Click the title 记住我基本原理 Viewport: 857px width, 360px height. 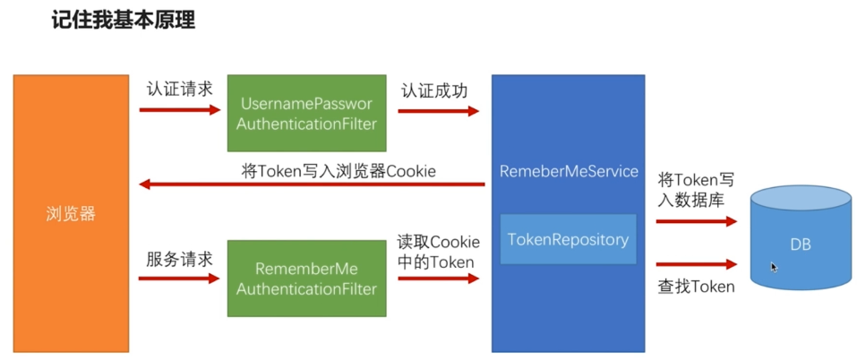coord(124,21)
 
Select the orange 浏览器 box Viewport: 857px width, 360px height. coord(71,214)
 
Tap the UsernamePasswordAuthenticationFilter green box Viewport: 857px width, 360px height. coord(306,113)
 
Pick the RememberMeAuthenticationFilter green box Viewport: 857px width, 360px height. coord(306,279)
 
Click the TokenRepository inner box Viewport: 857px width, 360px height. coord(569,239)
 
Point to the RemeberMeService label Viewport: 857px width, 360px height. coord(569,171)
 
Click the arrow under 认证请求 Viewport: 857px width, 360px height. coord(180,110)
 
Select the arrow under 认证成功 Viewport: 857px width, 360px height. coord(438,111)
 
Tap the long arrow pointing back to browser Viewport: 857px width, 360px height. coord(312,184)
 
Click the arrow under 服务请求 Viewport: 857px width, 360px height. coord(179,279)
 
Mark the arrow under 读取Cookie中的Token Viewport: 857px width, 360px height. coord(438,279)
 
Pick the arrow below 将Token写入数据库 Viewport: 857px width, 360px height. coord(697,221)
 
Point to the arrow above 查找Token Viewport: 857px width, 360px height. coord(697,265)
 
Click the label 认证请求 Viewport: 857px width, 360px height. coord(179,90)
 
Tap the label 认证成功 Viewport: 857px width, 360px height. coord(434,90)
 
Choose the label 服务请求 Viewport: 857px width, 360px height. coord(179,259)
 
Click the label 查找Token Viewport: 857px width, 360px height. coord(696,287)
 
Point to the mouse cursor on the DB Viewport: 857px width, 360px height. coord(774,267)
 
